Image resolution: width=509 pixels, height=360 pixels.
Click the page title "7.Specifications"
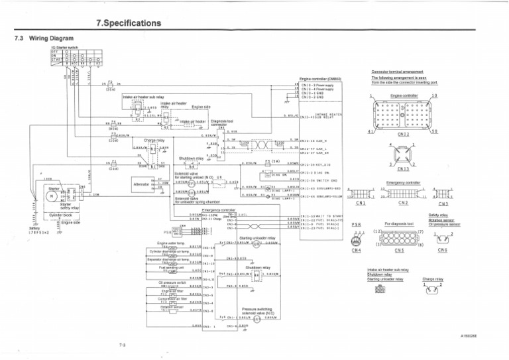[x=129, y=23]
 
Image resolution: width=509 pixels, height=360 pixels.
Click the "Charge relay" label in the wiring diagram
[x=154, y=141]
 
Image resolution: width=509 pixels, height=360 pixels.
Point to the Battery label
[x=34, y=227]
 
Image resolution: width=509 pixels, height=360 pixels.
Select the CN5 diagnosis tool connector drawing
[x=397, y=238]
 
